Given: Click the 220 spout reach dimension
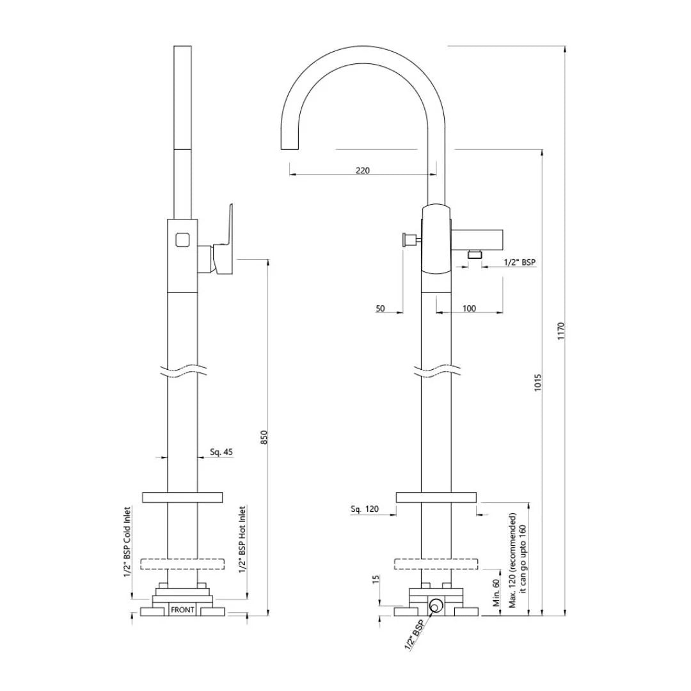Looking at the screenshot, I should (x=362, y=170).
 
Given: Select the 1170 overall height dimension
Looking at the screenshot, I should (x=560, y=333).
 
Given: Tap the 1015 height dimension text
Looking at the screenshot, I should (x=538, y=383).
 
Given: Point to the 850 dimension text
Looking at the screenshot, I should (x=264, y=438).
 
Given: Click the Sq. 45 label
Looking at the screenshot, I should (x=221, y=452).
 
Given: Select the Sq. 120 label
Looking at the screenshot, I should (x=365, y=509).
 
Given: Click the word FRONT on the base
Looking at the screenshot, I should (x=182, y=610).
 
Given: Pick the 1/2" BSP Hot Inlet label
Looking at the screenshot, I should (x=242, y=540).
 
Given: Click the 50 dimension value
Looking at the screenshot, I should (x=380, y=308).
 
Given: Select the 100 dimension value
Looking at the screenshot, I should (x=469, y=308).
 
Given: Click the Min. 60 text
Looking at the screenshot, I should (x=495, y=593).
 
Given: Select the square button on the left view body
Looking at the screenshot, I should (x=182, y=241).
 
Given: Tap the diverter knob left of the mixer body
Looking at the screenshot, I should (x=407, y=241).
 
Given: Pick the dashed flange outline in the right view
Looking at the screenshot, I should (x=436, y=564).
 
